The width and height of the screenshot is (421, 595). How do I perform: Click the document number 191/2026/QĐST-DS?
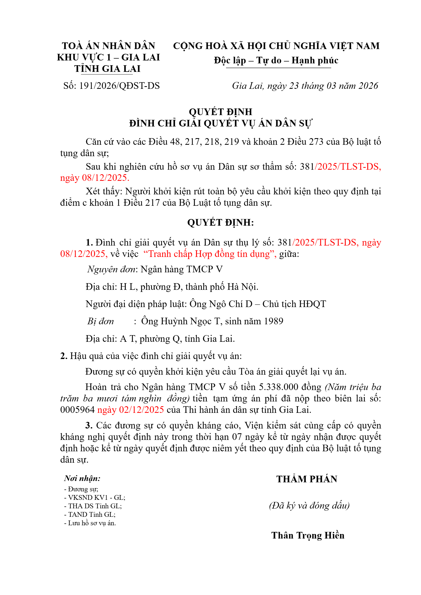coord(119,86)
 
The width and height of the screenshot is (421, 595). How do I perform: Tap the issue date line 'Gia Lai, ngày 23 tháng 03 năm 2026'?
coord(305,86)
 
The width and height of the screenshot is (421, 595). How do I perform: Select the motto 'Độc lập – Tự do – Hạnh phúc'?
coord(276,60)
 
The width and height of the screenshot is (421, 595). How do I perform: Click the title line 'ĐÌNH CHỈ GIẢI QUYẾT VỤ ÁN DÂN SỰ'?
coord(220,124)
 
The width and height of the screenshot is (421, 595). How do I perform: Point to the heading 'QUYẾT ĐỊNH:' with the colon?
coord(220,222)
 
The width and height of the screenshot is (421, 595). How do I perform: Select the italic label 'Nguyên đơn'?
coord(111,269)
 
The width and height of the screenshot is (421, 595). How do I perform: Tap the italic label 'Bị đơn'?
coord(101,321)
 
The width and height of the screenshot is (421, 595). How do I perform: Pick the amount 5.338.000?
coord(278,387)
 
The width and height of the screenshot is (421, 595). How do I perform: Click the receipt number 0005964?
coord(77,410)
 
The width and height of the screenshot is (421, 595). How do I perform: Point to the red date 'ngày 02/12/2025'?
coord(131,410)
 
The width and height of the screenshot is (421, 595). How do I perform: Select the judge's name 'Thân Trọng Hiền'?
coord(308,535)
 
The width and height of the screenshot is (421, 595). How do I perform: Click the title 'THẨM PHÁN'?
coord(307,479)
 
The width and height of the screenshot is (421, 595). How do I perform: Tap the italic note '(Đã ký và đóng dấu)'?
coord(309,506)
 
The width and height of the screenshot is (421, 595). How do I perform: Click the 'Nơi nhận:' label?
coord(82,478)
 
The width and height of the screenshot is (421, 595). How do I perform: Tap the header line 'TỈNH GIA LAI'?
coord(107,69)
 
